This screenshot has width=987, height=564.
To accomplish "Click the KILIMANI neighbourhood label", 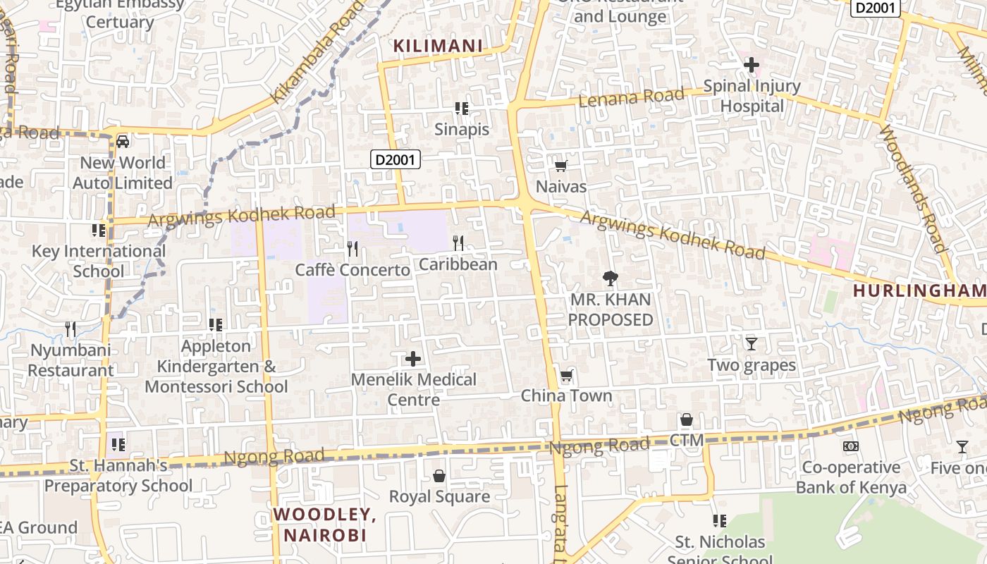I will point(437,47).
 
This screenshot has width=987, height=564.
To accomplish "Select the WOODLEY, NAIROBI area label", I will point(325,525).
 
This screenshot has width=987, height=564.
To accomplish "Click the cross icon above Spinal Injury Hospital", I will point(752,65).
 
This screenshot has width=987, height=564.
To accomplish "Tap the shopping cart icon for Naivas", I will point(560,166).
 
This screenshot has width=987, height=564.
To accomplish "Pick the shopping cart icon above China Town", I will point(566,375).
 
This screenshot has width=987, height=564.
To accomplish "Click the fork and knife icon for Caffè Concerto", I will point(352,249).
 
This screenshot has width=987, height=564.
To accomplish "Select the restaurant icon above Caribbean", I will point(458,243).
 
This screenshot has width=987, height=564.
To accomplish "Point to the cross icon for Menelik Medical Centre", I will point(413,359).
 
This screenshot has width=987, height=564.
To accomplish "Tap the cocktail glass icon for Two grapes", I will point(752,344).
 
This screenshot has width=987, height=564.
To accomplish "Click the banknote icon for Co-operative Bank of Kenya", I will point(851,446).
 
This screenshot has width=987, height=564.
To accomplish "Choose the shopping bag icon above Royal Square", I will point(439,476).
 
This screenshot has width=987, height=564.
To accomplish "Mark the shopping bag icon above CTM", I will point(687,419).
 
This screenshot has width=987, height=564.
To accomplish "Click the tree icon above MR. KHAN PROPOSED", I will point(611,278).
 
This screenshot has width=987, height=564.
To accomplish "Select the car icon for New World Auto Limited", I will point(123,142).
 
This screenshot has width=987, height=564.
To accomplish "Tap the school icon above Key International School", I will point(99,231).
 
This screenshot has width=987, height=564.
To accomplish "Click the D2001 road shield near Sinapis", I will point(396,160).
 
